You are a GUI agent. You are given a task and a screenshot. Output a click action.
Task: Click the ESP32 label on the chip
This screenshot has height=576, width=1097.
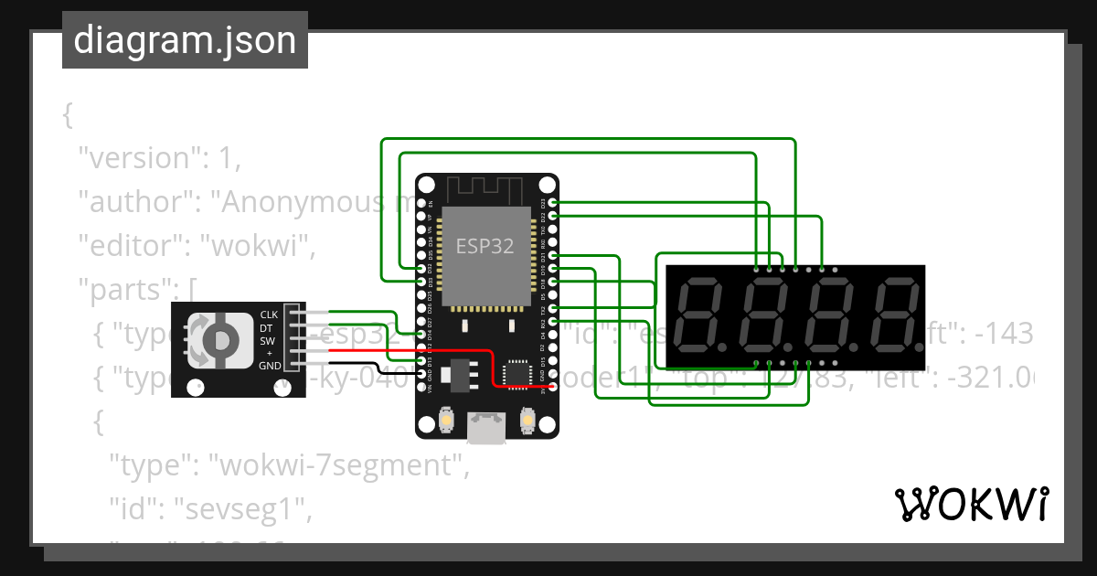(x=485, y=246)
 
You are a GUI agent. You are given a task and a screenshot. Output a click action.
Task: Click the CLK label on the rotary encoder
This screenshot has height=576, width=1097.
(x=269, y=315)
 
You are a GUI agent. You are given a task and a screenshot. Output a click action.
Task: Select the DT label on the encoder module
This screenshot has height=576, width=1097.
(x=267, y=327)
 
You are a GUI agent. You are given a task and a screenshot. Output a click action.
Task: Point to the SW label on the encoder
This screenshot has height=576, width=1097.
(x=267, y=340)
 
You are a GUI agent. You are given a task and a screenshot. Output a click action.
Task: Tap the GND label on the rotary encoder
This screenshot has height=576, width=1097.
(x=270, y=366)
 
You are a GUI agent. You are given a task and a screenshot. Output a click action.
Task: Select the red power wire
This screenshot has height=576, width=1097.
(x=411, y=351)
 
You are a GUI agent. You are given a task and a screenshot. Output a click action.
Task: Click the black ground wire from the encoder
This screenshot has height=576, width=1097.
(x=366, y=371)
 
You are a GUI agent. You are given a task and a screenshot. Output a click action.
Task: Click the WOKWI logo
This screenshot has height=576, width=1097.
(x=971, y=504)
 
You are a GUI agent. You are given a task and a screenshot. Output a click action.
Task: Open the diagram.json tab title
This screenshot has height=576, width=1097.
(x=185, y=40)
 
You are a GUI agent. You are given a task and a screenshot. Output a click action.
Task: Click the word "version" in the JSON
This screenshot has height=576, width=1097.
(x=138, y=158)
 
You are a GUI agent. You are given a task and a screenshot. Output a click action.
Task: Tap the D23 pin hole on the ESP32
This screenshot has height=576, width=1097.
(x=552, y=202)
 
